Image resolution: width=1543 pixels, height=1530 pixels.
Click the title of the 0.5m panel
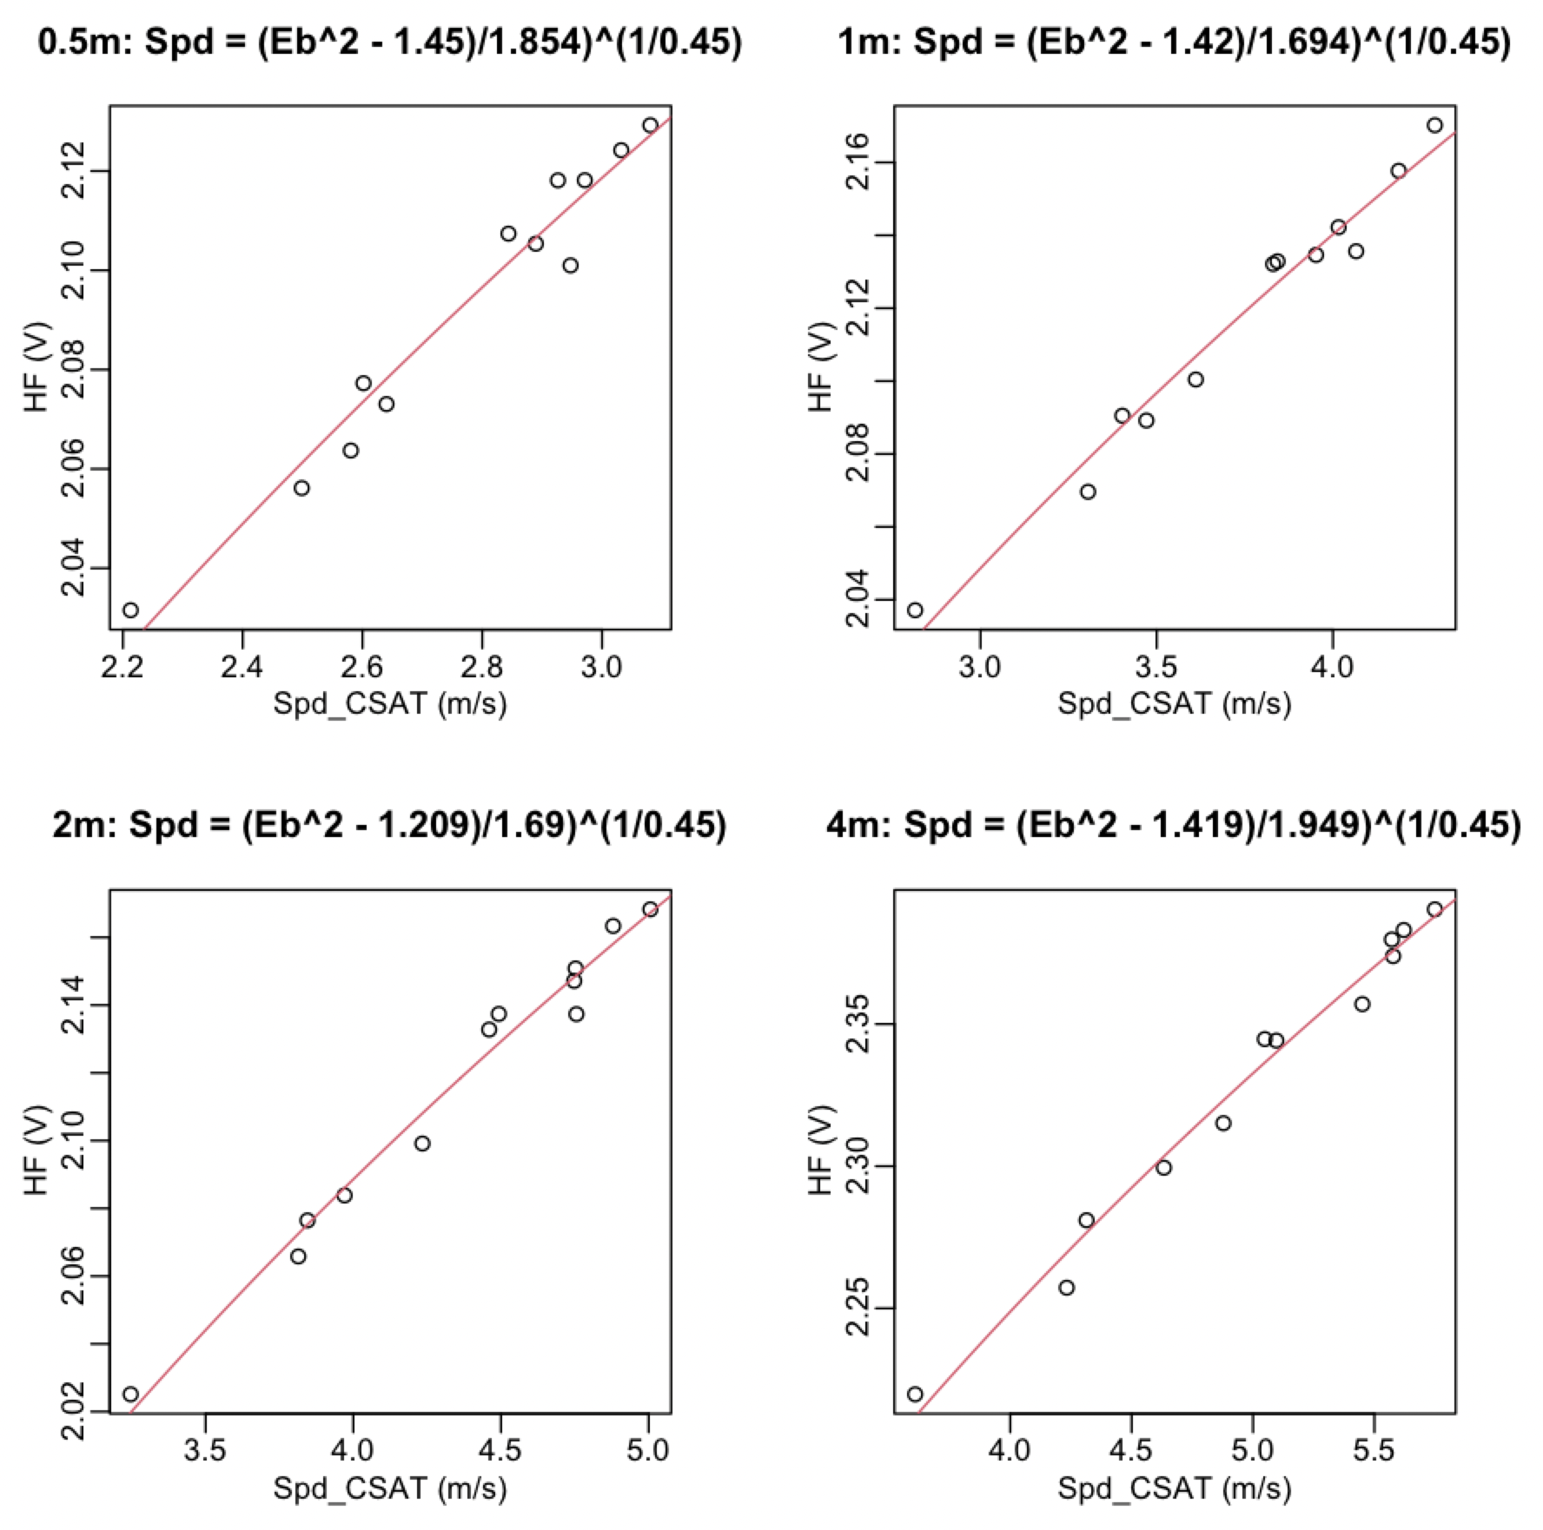click(x=390, y=42)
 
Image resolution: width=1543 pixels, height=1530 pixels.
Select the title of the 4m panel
click(x=1174, y=824)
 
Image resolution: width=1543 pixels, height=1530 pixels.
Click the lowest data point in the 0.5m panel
click(x=130, y=610)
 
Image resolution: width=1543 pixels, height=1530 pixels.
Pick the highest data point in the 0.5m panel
click(x=651, y=125)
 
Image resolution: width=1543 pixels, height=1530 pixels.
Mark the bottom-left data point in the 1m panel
click(x=915, y=610)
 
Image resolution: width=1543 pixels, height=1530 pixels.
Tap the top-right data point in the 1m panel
click(x=1434, y=125)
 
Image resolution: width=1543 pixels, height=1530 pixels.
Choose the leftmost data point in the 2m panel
click(x=130, y=1394)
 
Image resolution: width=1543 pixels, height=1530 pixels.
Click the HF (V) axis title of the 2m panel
click(x=36, y=1151)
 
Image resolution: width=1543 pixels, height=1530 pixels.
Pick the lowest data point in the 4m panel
click(x=915, y=1394)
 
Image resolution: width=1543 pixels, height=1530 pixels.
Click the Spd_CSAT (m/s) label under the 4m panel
click(x=1174, y=1488)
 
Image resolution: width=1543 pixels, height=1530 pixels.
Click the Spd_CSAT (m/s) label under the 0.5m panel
click(x=390, y=704)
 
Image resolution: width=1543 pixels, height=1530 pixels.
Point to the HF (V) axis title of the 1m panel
click(x=821, y=367)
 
